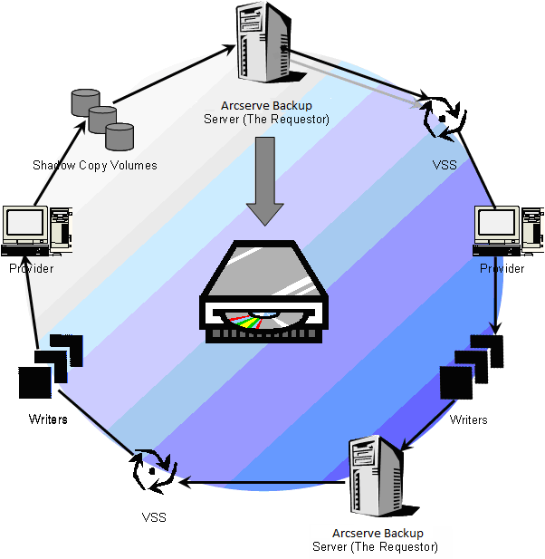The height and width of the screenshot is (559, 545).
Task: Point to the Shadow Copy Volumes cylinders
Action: [x=101, y=119]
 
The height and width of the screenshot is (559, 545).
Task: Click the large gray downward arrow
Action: [x=264, y=180]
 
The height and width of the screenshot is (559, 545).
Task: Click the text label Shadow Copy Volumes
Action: [x=95, y=165]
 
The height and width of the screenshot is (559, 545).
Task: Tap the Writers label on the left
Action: [x=48, y=419]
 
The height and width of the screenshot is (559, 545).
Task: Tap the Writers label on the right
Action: [x=468, y=419]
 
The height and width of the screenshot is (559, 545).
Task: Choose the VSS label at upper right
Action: [x=445, y=165]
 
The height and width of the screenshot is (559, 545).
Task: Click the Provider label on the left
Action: [x=32, y=269]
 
